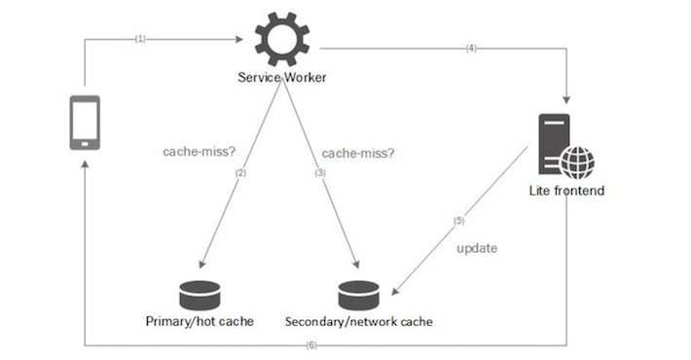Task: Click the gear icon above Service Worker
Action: [281, 38]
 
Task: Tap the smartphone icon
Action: [86, 123]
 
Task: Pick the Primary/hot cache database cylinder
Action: [201, 293]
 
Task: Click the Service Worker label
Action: [281, 78]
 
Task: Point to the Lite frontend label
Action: [566, 191]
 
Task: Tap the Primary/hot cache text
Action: [200, 321]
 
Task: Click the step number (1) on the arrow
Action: [140, 40]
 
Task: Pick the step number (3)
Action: [318, 172]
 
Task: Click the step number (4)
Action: [471, 47]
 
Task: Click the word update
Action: [477, 248]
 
